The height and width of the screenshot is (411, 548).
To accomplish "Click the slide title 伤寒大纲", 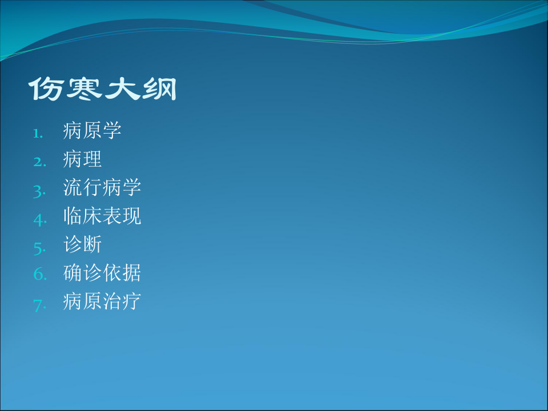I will pyautogui.click(x=103, y=89).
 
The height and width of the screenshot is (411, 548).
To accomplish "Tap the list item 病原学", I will pyautogui.click(x=92, y=131).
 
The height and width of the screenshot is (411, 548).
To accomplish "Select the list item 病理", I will pyautogui.click(x=83, y=159).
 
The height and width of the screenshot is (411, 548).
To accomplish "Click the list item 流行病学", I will pyautogui.click(x=102, y=188).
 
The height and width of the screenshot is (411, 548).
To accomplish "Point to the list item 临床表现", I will pyautogui.click(x=102, y=216).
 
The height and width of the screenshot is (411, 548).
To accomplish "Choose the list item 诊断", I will pyautogui.click(x=83, y=245).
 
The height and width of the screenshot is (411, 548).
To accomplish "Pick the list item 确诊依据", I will pyautogui.click(x=102, y=273).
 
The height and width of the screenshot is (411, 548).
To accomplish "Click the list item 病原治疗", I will pyautogui.click(x=102, y=302).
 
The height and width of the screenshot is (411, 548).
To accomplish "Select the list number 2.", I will pyautogui.click(x=38, y=163).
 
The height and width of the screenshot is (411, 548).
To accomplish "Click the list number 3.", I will pyautogui.click(x=38, y=191).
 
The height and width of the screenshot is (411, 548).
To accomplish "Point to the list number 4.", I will pyautogui.click(x=38, y=220).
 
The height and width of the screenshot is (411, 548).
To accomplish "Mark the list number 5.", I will pyautogui.click(x=38, y=248).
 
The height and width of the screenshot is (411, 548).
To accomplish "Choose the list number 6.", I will pyautogui.click(x=38, y=276).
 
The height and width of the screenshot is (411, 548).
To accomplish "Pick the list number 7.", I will pyautogui.click(x=38, y=305).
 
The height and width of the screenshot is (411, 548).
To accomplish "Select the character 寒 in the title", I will pyautogui.click(x=83, y=89).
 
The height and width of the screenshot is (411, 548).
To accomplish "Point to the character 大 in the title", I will pyautogui.click(x=121, y=89).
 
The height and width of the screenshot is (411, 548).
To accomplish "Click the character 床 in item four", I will pyautogui.click(x=92, y=216).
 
